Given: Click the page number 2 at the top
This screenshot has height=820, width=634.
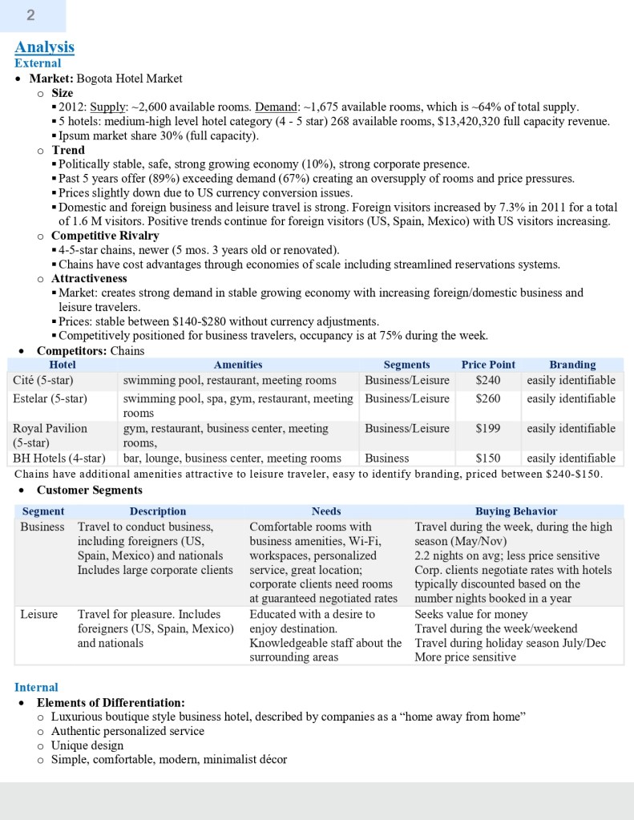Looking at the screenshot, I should (30, 15).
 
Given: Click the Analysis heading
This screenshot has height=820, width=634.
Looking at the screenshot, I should (44, 47).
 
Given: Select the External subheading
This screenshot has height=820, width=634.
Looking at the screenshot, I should (38, 63).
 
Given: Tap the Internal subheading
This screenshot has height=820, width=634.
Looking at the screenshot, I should (36, 687).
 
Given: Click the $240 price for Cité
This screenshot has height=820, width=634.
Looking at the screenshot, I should (487, 380).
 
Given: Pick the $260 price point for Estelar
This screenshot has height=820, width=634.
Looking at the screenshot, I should (487, 398).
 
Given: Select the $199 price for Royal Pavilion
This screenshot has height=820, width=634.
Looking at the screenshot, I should (487, 428).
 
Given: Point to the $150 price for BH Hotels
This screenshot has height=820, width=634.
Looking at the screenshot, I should (487, 458).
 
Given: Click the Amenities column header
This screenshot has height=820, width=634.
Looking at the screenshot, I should (238, 365).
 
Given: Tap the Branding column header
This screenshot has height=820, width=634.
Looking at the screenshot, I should (572, 365).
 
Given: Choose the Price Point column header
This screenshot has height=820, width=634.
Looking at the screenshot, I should (488, 365).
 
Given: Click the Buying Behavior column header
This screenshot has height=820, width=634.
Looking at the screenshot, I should (515, 511).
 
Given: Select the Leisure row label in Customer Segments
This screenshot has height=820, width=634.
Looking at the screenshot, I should (38, 614).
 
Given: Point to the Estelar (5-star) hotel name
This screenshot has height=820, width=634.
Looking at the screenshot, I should (50, 398).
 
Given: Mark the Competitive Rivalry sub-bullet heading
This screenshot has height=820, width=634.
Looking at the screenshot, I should (105, 236).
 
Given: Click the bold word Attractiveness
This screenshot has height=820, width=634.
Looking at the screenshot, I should (89, 279).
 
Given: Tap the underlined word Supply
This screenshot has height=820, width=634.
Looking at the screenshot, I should (107, 107).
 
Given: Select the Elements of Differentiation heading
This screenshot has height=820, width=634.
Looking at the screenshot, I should (111, 702).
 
